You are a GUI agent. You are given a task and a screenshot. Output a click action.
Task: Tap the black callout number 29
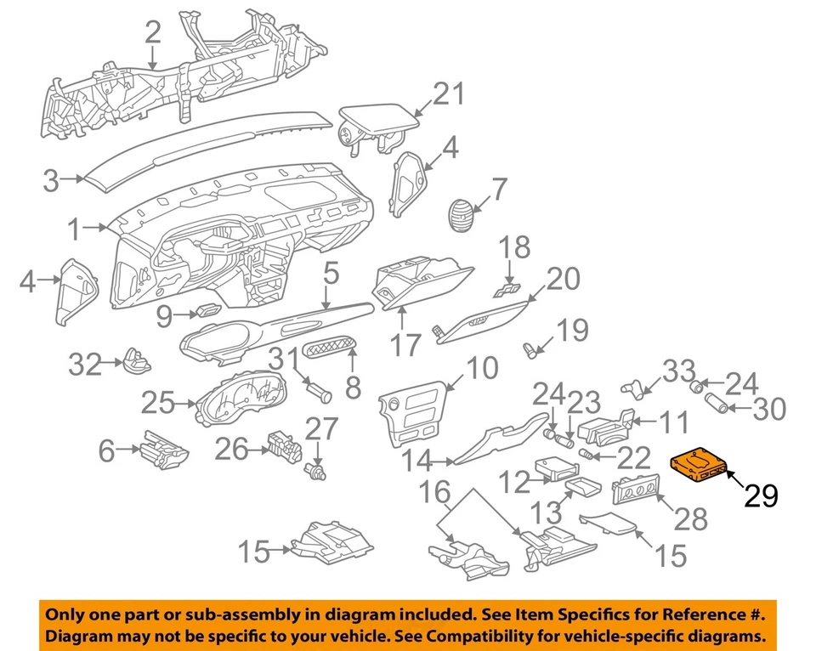pyautogui.click(x=761, y=495)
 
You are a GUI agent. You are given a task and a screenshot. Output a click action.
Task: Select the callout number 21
pyautogui.click(x=449, y=93)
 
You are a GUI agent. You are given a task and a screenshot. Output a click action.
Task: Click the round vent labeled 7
pyautogui.click(x=462, y=212)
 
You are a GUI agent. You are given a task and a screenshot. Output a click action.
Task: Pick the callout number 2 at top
pyautogui.click(x=152, y=33)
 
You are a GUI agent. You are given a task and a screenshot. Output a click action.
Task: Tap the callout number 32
pyautogui.click(x=85, y=366)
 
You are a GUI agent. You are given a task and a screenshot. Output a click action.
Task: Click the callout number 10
pyautogui.click(x=481, y=368)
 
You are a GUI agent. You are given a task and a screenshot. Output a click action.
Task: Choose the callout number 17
pyautogui.click(x=405, y=344)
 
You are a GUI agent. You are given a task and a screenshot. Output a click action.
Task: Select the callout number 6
pyautogui.click(x=106, y=450)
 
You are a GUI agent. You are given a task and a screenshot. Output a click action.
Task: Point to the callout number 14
pyautogui.click(x=418, y=461)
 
